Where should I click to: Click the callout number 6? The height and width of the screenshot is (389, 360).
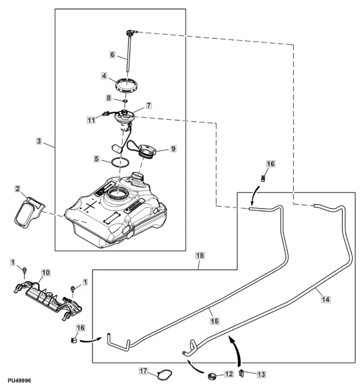click(112, 55)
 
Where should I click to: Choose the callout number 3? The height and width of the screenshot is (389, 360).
click(39, 140)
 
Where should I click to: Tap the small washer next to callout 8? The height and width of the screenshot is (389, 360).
click(125, 100)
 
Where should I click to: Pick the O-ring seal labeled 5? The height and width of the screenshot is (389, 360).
click(119, 162)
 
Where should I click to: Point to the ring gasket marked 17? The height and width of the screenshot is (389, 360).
click(162, 373)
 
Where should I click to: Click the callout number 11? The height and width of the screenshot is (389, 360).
click(91, 120)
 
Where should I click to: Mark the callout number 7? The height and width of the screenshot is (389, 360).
click(148, 105)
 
